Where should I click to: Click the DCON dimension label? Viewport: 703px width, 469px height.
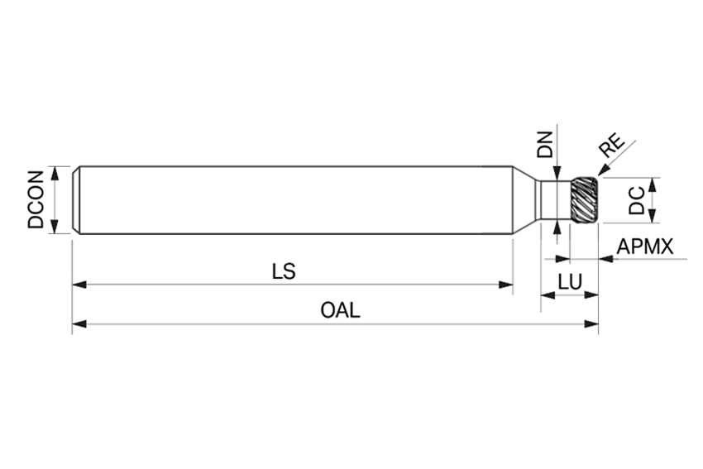tap(36, 199)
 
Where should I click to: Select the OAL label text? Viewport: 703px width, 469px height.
tap(340, 310)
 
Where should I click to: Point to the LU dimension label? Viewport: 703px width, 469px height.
tap(569, 282)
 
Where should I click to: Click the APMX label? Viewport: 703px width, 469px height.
tap(645, 246)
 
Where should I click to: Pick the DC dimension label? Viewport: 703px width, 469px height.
tap(636, 200)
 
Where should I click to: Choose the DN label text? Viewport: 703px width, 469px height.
tap(544, 146)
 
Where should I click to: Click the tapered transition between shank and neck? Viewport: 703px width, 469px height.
tap(524, 199)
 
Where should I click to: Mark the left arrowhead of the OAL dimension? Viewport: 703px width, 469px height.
tap(79, 323)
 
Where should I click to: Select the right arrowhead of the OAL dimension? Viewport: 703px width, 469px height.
tap(591, 323)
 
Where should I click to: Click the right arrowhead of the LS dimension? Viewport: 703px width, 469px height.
tap(506, 285)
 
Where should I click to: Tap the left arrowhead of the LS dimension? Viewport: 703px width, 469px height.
tap(79, 285)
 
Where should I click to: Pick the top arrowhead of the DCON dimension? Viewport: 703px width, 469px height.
tap(55, 172)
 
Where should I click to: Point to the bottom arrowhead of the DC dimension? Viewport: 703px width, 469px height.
tap(653, 217)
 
